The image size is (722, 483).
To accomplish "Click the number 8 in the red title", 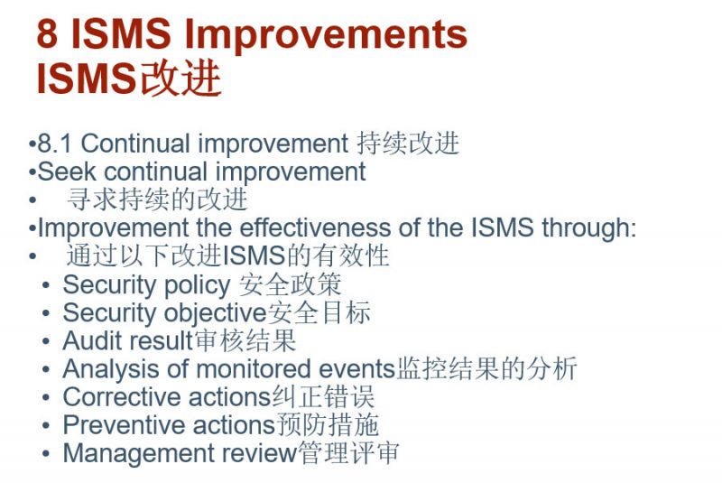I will pos(48,35).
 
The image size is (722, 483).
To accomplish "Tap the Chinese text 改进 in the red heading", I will pos(180,79).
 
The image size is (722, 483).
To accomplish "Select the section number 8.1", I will pos(55,144).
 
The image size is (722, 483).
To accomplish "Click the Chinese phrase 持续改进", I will pos(408,144).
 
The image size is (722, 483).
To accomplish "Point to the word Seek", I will pos(60,172).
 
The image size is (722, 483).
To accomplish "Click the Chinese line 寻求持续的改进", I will pos(157,200).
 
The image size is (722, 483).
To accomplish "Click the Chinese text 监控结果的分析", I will pos(486,368).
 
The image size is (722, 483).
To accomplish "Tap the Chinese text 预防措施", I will pos(327,424).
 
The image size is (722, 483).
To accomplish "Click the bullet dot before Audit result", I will pos(46,341).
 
